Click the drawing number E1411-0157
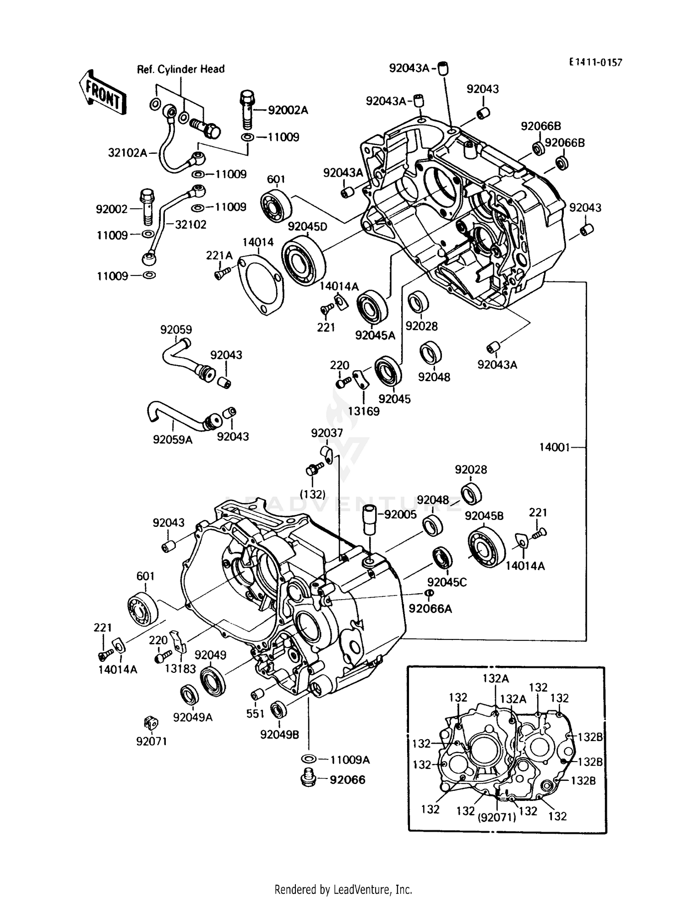pyautogui.click(x=595, y=63)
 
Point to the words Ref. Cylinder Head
pyautogui.click(x=181, y=70)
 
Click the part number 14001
pyautogui.click(x=554, y=447)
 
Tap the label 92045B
pyautogui.click(x=484, y=516)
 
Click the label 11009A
pyautogui.click(x=350, y=760)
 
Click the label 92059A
pyautogui.click(x=173, y=440)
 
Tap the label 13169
pyautogui.click(x=364, y=411)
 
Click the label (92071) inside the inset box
pyautogui.click(x=497, y=817)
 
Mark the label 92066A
pyautogui.click(x=430, y=609)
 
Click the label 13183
pyautogui.click(x=180, y=669)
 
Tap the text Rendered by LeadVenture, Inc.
pyautogui.click(x=343, y=889)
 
